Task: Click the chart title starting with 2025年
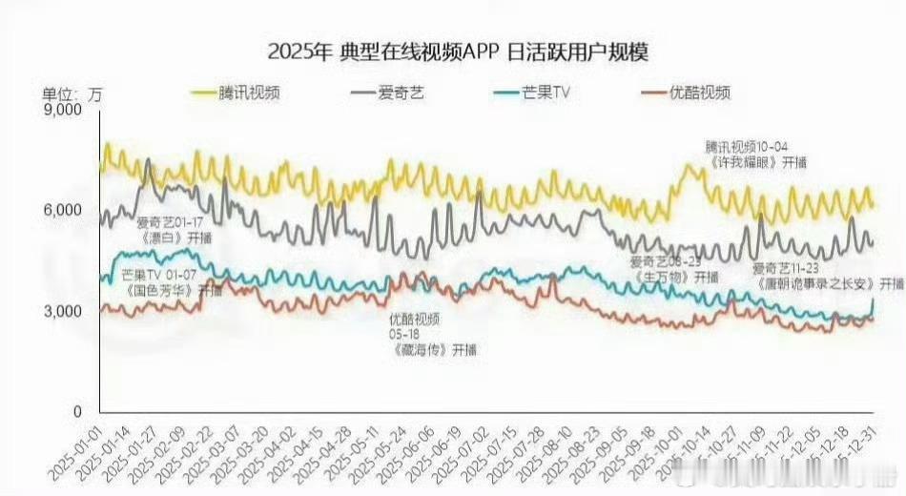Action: click(x=452, y=52)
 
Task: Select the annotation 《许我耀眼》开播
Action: click(x=758, y=163)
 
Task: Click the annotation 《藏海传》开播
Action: click(x=433, y=350)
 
